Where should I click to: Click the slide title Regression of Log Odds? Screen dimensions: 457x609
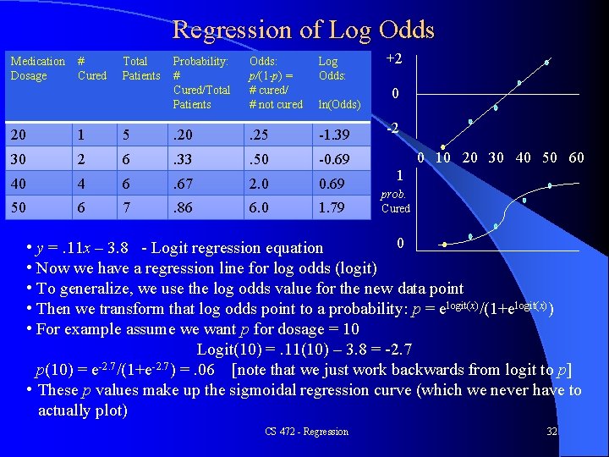(303, 30)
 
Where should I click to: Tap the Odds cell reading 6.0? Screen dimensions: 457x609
(259, 207)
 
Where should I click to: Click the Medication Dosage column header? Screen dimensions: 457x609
(36, 69)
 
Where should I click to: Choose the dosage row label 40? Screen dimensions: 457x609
(18, 184)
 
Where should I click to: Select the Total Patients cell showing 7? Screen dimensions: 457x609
(126, 207)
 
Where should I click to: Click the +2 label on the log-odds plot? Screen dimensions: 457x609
(394, 58)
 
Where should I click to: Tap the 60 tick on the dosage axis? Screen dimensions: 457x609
(575, 157)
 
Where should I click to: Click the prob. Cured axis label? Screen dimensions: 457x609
(395, 201)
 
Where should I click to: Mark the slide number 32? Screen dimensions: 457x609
(551, 432)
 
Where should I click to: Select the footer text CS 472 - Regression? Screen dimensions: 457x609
(306, 432)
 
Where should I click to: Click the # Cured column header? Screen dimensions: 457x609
(91, 69)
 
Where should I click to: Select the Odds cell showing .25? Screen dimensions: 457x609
(259, 135)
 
